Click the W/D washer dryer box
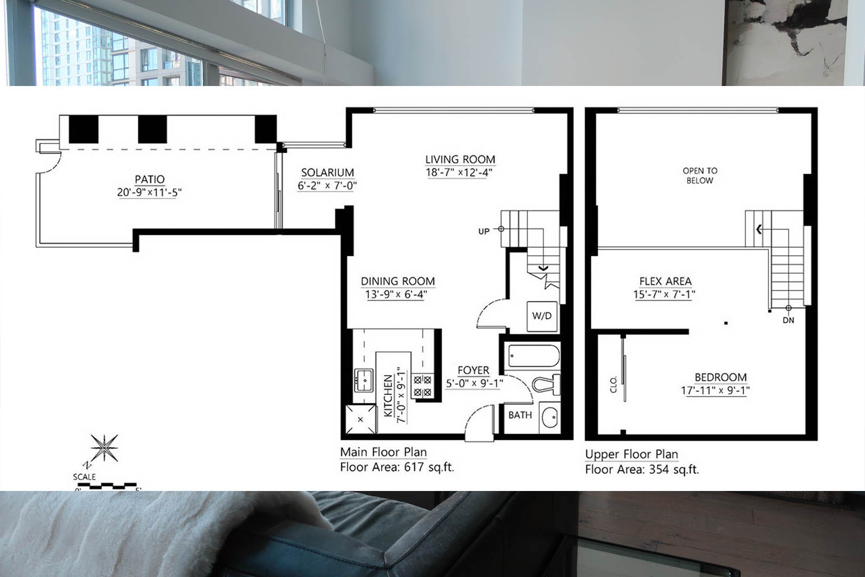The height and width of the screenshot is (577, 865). (542, 316)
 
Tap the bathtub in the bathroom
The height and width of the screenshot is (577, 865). (533, 356)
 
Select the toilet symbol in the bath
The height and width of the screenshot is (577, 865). (546, 384)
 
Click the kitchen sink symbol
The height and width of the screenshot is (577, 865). (364, 380)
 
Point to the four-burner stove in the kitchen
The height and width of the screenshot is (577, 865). (422, 386)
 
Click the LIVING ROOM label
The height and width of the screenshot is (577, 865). (460, 160)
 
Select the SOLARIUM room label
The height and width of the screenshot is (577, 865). (327, 173)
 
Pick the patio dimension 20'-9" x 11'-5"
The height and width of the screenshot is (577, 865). (149, 192)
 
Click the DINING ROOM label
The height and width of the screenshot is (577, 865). (398, 281)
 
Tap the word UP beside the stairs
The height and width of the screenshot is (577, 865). (484, 231)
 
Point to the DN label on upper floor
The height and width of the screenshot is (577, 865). (789, 321)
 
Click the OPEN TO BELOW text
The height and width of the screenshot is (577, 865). (700, 175)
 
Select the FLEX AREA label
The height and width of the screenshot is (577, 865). (665, 281)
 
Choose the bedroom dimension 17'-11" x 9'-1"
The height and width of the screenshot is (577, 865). (715, 391)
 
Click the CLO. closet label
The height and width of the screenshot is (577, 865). (614, 384)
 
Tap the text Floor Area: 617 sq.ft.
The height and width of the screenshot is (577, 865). (397, 467)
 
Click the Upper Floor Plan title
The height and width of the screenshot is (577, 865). (631, 454)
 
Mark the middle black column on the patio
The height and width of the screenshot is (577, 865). (153, 129)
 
